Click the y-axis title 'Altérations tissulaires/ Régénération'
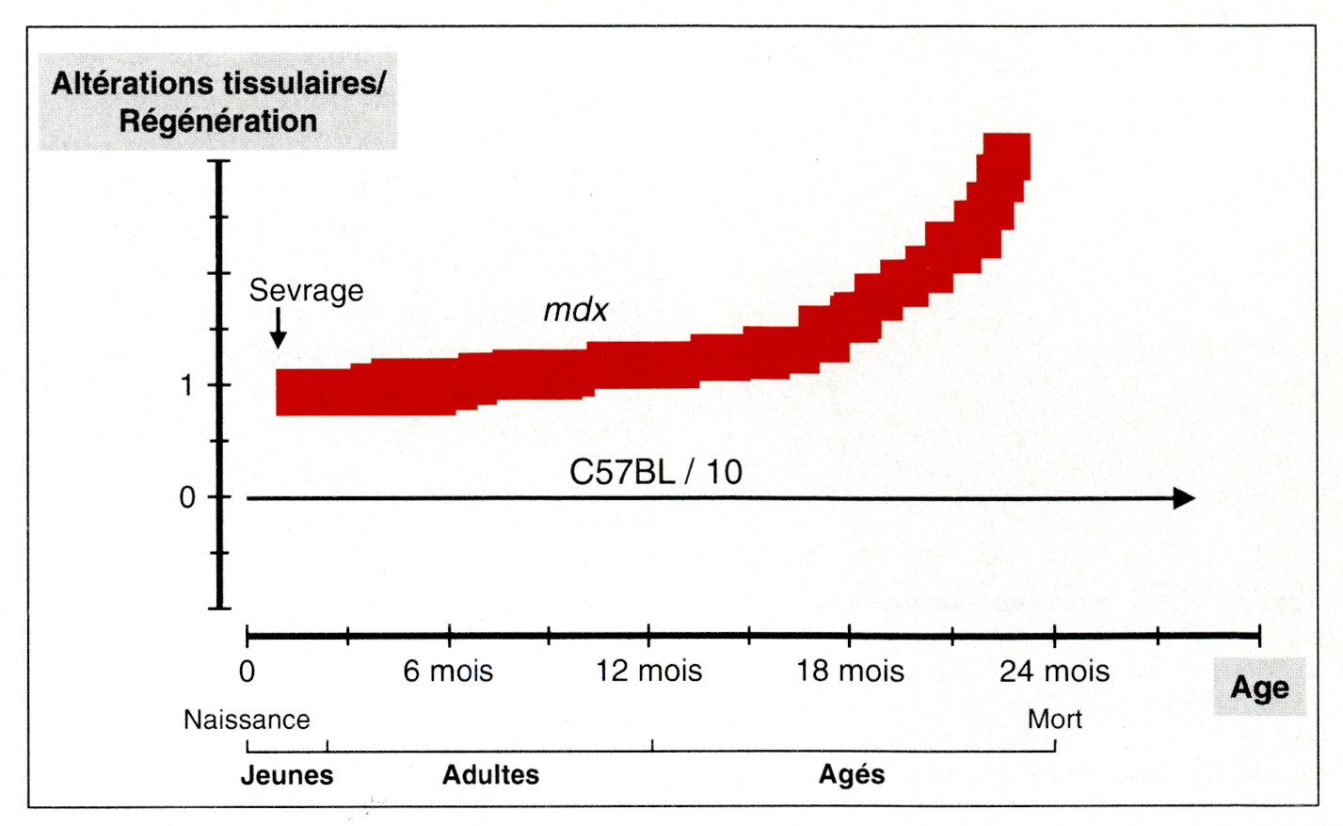217,102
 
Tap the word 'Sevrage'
306,290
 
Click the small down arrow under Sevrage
278,331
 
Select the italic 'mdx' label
576,310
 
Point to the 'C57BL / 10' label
656,472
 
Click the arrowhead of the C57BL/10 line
1185,498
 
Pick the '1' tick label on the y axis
187,385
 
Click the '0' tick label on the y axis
187,497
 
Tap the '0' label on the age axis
247,672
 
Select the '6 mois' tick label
448,672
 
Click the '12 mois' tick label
648,672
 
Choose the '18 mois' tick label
850,672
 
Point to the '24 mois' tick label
1054,672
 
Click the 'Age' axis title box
1259,688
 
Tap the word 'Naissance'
247,720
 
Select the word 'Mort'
1054,720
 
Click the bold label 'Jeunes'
287,775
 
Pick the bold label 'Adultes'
490,775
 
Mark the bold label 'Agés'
852,774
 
